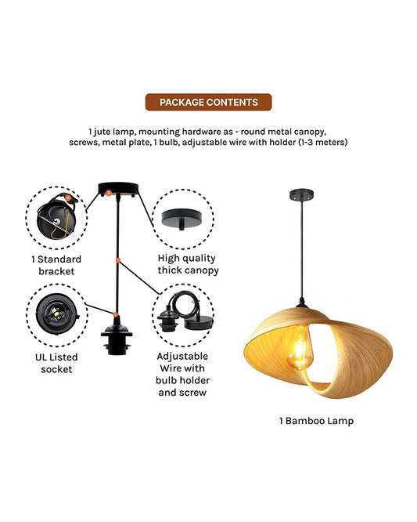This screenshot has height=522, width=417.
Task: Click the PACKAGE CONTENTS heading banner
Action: tap(208, 102)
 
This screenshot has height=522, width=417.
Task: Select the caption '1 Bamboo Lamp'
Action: tap(316, 421)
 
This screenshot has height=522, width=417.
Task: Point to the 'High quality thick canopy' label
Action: tap(186, 264)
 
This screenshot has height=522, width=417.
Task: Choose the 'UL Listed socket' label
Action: tap(56, 363)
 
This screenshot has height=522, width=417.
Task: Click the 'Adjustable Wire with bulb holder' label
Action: tap(182, 373)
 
